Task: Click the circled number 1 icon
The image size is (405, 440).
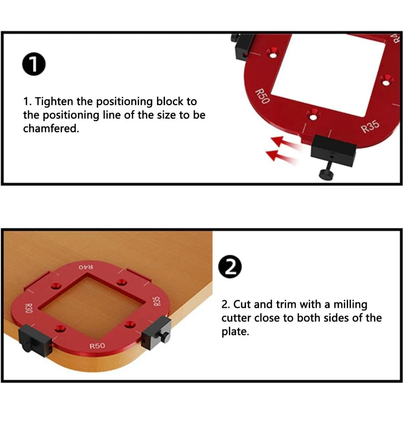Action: [x=34, y=65]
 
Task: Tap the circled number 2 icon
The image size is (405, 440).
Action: [x=230, y=267]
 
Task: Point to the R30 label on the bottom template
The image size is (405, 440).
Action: [x=28, y=308]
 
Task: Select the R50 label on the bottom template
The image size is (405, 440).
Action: [x=97, y=346]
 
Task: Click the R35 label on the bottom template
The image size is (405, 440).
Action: [x=157, y=301]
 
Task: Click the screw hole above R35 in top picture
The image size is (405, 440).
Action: [x=385, y=79]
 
